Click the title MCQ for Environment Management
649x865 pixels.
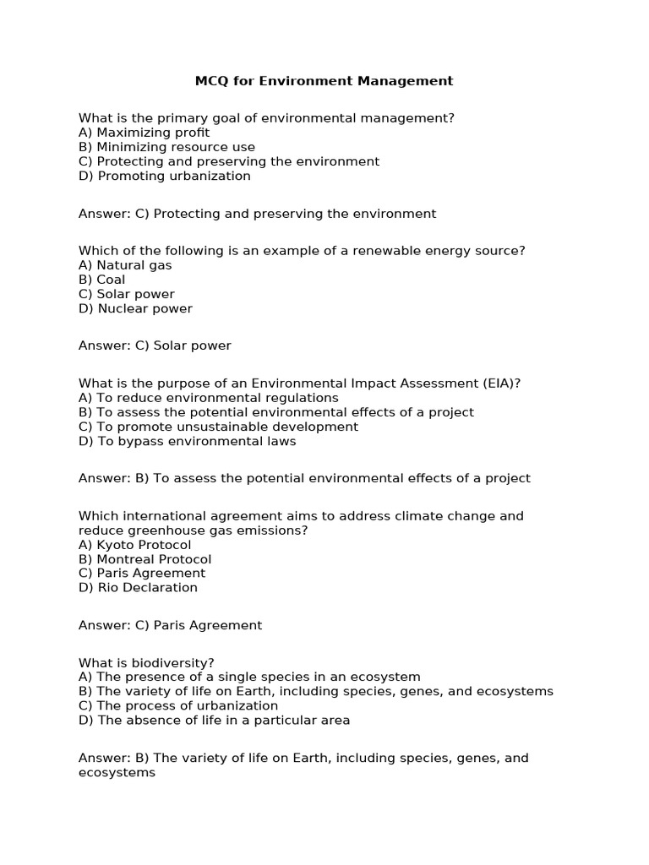tap(324, 81)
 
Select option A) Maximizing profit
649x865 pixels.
tap(144, 133)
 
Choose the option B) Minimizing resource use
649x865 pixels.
tap(166, 147)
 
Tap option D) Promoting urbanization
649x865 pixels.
tap(165, 176)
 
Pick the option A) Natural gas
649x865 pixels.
tap(125, 265)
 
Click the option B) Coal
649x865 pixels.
tap(101, 280)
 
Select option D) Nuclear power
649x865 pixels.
tap(135, 308)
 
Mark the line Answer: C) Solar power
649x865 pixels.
tap(155, 345)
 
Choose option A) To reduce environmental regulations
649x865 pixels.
tap(209, 397)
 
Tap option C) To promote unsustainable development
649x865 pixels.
tap(218, 427)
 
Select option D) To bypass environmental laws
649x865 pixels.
tap(188, 441)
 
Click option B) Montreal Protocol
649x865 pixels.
tap(145, 559)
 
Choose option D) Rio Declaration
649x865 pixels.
tap(138, 588)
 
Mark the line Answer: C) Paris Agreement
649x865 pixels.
tap(170, 625)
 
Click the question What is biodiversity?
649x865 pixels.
tap(141, 662)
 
